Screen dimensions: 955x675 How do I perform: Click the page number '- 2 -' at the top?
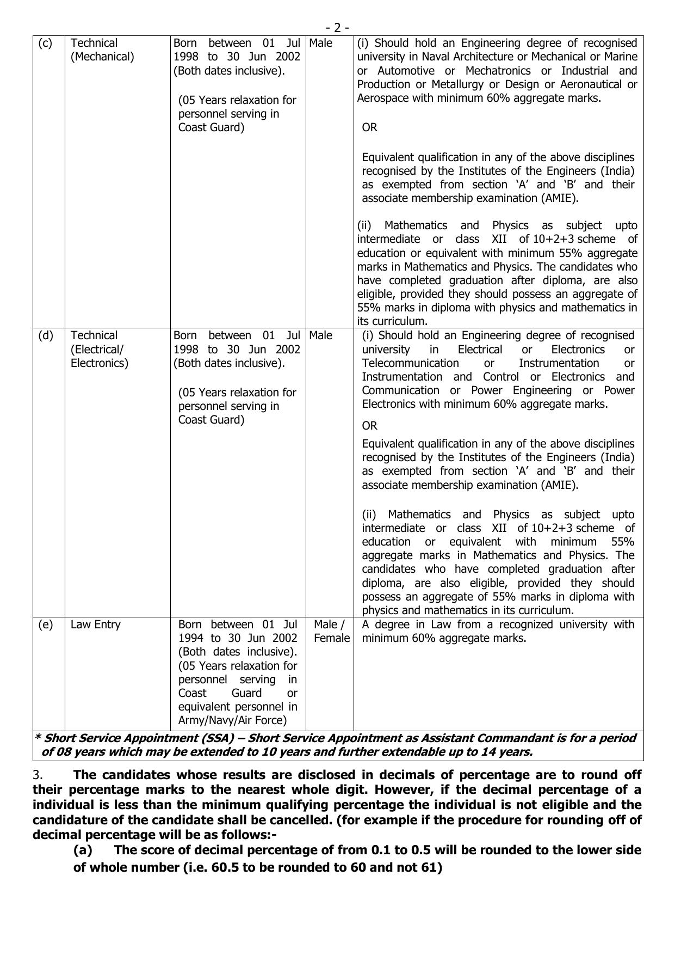click(x=337, y=28)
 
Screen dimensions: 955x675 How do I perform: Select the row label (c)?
click(x=45, y=43)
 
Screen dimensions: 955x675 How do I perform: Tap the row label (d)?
click(x=46, y=335)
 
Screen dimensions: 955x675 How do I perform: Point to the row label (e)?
click(x=46, y=625)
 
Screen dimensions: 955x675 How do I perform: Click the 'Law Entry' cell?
click(x=95, y=625)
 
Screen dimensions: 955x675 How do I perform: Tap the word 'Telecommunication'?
click(x=410, y=363)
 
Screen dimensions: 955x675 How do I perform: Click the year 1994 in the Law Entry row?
click(x=192, y=638)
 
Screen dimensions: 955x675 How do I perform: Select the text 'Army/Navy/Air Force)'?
click(x=232, y=720)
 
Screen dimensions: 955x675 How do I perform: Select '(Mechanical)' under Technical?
click(x=102, y=57)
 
